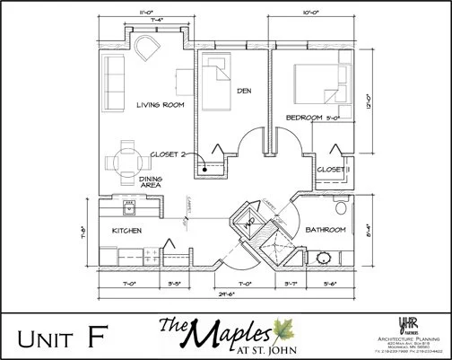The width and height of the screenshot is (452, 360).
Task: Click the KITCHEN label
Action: [127, 231]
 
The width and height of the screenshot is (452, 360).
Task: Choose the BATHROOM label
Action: [326, 230]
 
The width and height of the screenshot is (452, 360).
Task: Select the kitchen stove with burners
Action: [130, 207]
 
